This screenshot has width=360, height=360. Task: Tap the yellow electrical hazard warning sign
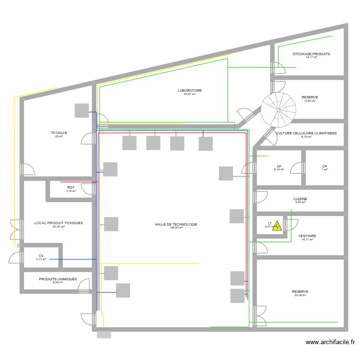point(277,226)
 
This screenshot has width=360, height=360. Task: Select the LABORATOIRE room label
point(190,90)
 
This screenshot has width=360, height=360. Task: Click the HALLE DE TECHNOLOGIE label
point(176,224)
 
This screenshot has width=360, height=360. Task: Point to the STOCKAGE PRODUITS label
point(312,54)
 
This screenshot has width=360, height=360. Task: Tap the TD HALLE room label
point(59,132)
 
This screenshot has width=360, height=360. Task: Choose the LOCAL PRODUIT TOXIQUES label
point(59,223)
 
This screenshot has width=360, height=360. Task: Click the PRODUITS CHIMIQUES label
point(58,279)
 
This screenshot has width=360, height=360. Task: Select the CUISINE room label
point(300,199)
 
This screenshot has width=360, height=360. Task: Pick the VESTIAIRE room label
point(307,236)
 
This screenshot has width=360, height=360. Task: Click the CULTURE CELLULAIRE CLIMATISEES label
point(306,133)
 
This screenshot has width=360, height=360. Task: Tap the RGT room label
point(71,187)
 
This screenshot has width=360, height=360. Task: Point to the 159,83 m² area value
point(176,228)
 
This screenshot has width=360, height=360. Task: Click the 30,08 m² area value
point(300,295)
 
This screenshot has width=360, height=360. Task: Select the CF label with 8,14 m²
point(278,166)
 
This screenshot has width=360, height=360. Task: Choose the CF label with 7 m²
point(324,166)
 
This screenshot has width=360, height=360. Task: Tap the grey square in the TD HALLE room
point(82,110)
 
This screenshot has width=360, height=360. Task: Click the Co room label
point(41,256)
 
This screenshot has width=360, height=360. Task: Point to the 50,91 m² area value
point(190,94)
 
